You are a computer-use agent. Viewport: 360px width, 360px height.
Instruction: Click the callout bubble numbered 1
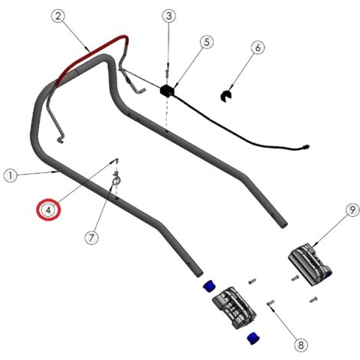click(x=11, y=175)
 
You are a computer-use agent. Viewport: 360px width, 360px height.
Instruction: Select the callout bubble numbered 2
click(x=58, y=16)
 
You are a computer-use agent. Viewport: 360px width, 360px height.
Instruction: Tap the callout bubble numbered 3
click(x=169, y=16)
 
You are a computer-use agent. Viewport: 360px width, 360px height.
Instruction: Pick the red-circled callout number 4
click(x=49, y=209)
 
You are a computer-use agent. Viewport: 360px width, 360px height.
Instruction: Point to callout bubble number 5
click(x=207, y=42)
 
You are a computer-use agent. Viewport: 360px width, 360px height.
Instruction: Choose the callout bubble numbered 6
click(x=258, y=47)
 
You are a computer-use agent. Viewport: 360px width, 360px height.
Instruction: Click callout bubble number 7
click(x=92, y=238)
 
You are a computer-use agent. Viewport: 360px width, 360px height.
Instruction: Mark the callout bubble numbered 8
click(x=301, y=345)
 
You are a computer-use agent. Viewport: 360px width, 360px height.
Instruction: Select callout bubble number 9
click(x=352, y=211)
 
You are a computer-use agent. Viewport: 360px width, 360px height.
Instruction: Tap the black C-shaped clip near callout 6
click(x=226, y=96)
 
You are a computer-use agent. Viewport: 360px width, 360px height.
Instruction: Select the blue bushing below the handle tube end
click(x=209, y=286)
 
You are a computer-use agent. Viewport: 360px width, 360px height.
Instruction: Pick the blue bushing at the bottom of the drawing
click(x=254, y=338)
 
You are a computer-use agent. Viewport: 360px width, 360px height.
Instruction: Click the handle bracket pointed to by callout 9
click(x=310, y=264)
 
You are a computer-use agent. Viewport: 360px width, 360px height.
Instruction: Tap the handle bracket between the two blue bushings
click(x=234, y=307)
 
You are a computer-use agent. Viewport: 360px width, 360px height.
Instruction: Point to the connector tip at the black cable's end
click(x=306, y=147)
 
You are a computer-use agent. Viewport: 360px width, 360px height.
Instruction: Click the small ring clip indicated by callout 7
click(x=116, y=179)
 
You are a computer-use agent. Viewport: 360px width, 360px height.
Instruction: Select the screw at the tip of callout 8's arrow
click(x=270, y=303)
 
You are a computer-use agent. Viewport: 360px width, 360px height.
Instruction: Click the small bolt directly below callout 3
click(x=168, y=73)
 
